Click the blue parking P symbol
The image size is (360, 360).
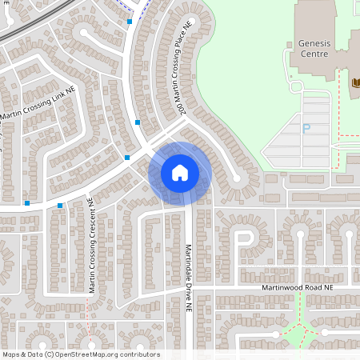pyautogui.click(x=305, y=129)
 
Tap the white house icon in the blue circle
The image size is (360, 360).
pyautogui.click(x=180, y=173)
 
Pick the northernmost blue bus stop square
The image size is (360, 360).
pyautogui.click(x=130, y=22)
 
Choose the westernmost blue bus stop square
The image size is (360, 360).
pyautogui.click(x=27, y=203)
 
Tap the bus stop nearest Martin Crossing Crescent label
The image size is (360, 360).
pyautogui.click(x=60, y=206)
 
